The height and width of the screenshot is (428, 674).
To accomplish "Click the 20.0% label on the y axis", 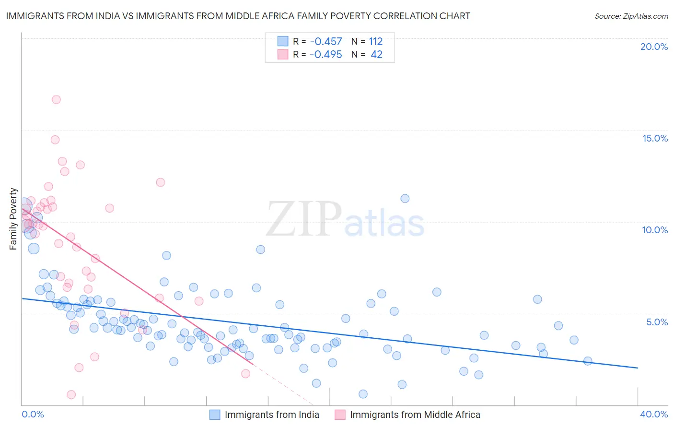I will [x=654, y=47].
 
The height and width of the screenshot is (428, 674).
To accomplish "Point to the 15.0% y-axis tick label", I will [x=655, y=138].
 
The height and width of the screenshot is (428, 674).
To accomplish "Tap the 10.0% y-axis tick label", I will [x=655, y=230].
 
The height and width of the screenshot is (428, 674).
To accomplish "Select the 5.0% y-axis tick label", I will [x=657, y=322].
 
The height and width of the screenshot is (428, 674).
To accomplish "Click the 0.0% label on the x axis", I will [x=33, y=414].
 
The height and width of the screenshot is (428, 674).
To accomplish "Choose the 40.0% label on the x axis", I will [x=654, y=414].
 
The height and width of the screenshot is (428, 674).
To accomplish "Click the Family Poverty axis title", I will [x=13, y=219].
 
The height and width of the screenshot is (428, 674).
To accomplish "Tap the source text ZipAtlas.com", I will [x=631, y=16].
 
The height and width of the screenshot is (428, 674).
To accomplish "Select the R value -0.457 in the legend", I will [x=326, y=42].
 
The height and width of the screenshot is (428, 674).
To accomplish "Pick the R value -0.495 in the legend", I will [x=326, y=55].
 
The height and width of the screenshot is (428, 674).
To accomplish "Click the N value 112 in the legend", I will [x=376, y=42].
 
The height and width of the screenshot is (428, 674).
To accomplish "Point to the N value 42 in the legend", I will [x=377, y=55].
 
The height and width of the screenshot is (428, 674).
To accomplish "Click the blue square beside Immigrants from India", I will [x=215, y=415].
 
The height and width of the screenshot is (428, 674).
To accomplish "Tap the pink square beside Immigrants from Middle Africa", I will [x=340, y=415].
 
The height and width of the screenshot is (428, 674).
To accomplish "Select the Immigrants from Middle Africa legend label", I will [x=415, y=415].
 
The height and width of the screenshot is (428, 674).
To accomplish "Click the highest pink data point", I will [x=56, y=100].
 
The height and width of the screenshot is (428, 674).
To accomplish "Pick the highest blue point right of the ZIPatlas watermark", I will [x=405, y=199].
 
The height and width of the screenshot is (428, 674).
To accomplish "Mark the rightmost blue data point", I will [x=588, y=361].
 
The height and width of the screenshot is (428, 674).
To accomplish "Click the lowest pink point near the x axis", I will [x=71, y=394].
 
